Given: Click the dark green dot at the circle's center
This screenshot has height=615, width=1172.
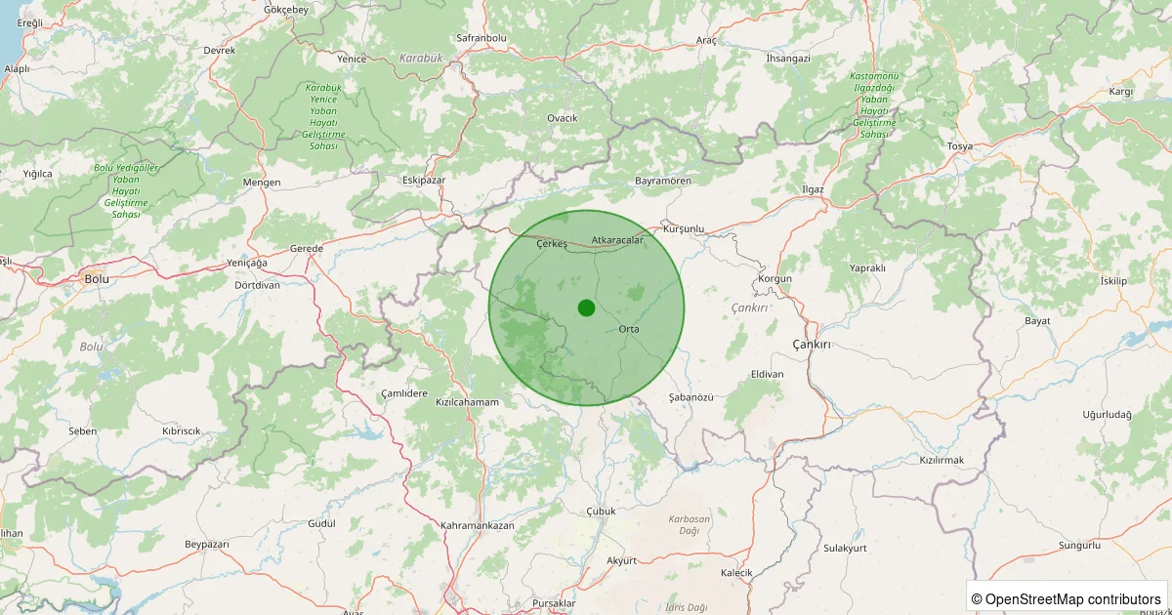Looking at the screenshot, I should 586,308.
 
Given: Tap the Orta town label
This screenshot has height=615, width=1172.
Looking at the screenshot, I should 629,329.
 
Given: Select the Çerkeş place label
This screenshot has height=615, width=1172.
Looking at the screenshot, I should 552,244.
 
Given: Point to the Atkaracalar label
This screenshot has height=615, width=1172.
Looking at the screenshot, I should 617,239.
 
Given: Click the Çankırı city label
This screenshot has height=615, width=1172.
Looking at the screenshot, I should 811,346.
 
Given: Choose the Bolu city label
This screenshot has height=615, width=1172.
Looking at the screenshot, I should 97,278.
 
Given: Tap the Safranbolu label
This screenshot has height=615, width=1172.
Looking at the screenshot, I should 481,38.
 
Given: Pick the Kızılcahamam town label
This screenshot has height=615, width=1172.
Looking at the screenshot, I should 467,402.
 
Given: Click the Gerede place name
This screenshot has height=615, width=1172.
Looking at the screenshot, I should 307,249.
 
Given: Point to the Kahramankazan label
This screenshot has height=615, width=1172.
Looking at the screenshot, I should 478,525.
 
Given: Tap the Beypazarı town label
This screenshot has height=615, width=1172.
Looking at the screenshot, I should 206,543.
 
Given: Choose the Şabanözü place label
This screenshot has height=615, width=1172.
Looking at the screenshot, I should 692,397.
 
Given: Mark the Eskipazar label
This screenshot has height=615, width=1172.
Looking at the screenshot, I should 424,181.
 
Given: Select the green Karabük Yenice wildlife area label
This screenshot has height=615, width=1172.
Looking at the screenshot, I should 322,116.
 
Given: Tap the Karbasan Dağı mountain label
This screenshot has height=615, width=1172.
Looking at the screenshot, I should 689,524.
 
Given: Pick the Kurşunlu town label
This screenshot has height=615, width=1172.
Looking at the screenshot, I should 684,228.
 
